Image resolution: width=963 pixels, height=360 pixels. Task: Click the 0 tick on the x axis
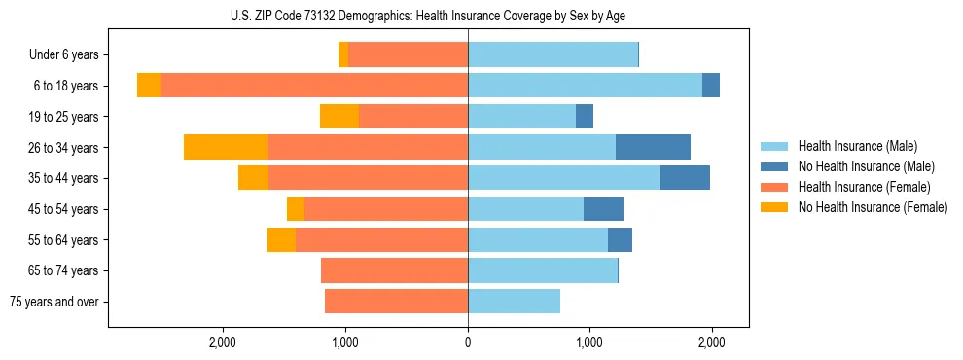click(x=468, y=342)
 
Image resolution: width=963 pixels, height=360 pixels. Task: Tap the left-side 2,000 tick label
click(x=223, y=342)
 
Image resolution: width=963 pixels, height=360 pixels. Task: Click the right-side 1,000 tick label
click(x=589, y=342)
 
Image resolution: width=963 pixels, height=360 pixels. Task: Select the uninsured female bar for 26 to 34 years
click(x=226, y=147)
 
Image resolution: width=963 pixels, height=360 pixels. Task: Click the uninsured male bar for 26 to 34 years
click(x=653, y=147)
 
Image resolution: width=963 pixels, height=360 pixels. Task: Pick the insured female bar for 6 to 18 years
click(x=314, y=86)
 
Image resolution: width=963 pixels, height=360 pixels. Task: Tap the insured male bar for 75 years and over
click(x=514, y=302)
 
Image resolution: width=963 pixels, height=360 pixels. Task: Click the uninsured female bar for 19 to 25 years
click(x=339, y=117)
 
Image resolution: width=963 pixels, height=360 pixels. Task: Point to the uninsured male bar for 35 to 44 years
click(x=684, y=178)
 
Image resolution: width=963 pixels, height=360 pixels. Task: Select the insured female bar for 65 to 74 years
click(x=394, y=270)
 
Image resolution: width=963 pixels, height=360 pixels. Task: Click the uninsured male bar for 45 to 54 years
click(x=603, y=209)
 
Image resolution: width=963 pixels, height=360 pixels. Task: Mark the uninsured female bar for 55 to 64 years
click(x=281, y=240)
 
